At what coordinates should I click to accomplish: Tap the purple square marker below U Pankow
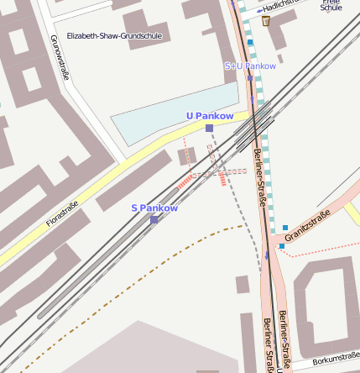click(209, 128)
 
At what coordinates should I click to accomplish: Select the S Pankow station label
click(154, 208)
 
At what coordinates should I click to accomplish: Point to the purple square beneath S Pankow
click(154, 219)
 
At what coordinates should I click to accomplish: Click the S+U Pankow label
click(250, 66)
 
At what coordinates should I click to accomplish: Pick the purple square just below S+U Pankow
click(250, 78)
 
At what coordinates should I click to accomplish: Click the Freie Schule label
click(331, 5)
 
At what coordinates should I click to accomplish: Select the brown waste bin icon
click(266, 21)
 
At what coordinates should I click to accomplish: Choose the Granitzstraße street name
click(308, 227)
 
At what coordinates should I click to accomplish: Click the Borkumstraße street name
click(335, 360)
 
